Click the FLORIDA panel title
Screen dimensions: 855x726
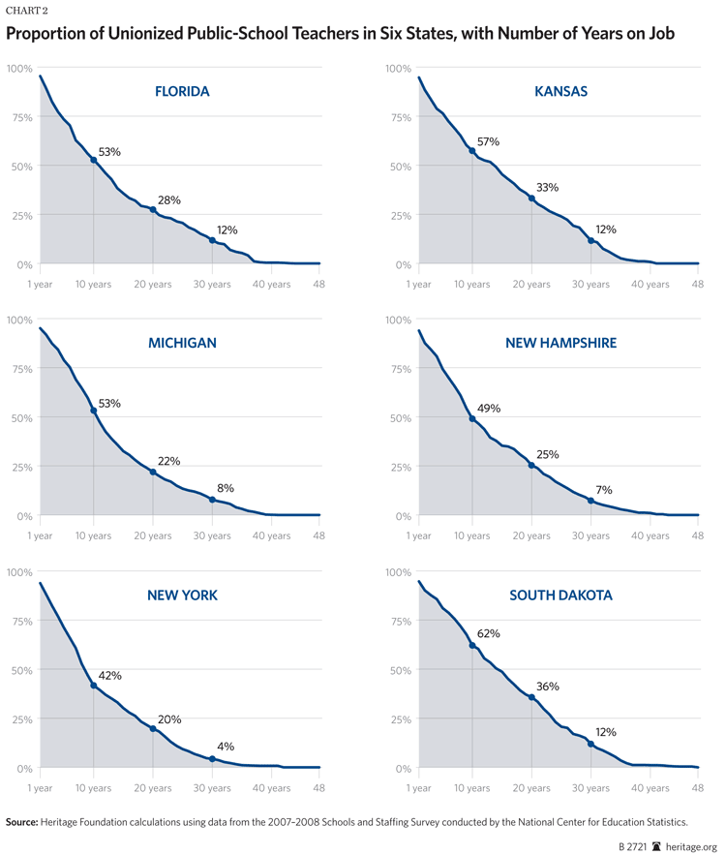pyautogui.click(x=182, y=92)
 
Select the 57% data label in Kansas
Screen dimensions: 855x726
pyautogui.click(x=489, y=142)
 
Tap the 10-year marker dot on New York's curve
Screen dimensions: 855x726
pyautogui.click(x=94, y=686)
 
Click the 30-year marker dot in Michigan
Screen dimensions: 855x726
pyautogui.click(x=212, y=500)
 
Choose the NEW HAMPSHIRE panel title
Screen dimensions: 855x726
pyautogui.click(x=560, y=343)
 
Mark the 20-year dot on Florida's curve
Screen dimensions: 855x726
pyautogui.click(x=153, y=210)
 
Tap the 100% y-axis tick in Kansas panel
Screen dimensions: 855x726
pyautogui.click(x=399, y=68)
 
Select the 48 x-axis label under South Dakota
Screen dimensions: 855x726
pyautogui.click(x=697, y=787)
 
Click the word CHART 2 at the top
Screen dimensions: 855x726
pyautogui.click(x=28, y=10)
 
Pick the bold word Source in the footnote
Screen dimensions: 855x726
pyautogui.click(x=22, y=821)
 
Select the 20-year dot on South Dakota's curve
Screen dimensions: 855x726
pyautogui.click(x=531, y=697)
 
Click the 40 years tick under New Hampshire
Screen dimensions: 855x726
pyautogui.click(x=650, y=535)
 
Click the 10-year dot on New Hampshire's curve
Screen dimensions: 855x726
pyautogui.click(x=472, y=418)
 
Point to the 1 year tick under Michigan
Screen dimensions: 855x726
pyautogui.click(x=40, y=535)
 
